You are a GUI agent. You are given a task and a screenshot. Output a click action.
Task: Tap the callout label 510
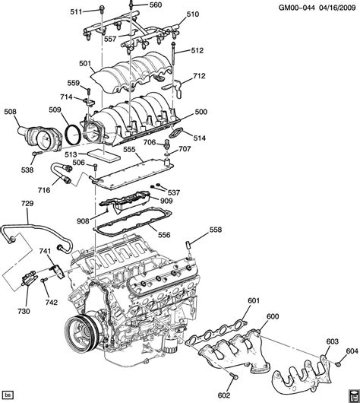[193, 14]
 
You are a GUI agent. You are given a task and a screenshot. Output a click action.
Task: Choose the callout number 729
[27, 204]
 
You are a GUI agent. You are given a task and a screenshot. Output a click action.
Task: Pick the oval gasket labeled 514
[175, 135]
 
